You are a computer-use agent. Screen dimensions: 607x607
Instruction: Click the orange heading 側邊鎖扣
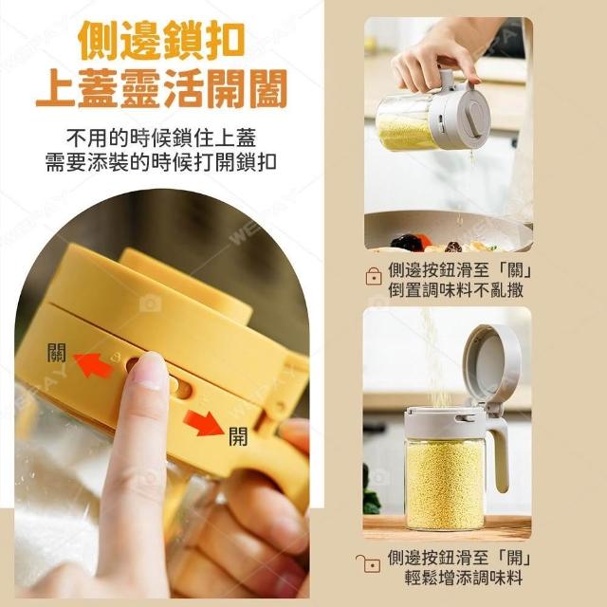[161, 40]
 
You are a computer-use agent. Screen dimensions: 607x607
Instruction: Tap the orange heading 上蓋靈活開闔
[161, 88]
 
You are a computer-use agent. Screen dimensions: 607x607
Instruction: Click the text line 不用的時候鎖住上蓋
[161, 138]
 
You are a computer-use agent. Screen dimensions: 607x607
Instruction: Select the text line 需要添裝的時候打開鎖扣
[161, 161]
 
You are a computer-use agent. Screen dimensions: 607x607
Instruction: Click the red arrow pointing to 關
[93, 365]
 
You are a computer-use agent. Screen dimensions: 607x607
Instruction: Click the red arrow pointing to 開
[204, 423]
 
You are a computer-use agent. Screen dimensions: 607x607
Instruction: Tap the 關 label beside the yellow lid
[57, 353]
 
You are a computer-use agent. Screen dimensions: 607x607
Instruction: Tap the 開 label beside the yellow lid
[238, 436]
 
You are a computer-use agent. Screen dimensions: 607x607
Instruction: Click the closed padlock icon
[374, 276]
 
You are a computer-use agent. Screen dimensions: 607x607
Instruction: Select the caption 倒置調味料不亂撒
[455, 289]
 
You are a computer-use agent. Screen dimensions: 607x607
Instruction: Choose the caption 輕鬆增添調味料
[464, 578]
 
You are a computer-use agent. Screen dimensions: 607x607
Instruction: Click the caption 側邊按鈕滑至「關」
[460, 269]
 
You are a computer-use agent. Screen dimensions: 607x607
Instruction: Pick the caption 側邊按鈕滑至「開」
[459, 558]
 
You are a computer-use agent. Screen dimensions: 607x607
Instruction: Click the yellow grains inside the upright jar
[445, 484]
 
